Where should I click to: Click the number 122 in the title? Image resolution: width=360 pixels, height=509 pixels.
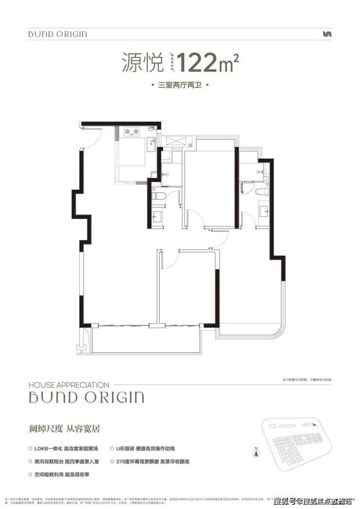pos(198,63)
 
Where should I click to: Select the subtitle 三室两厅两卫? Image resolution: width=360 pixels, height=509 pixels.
pos(180,86)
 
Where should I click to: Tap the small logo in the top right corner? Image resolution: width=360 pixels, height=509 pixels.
pos(327,34)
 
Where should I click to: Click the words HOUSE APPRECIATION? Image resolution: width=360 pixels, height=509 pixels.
pos(69,384)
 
